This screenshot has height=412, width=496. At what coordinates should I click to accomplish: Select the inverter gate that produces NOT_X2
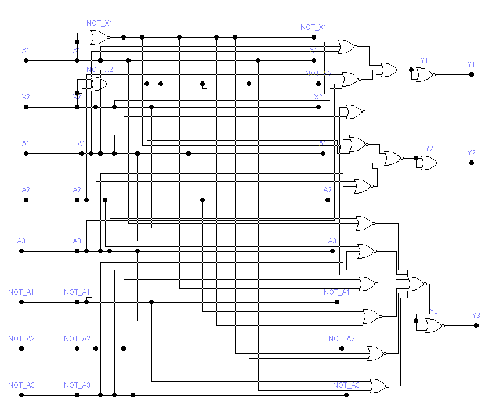pyautogui.click(x=99, y=84)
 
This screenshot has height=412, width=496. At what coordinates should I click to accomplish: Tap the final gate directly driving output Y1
pyautogui.click(x=424, y=74)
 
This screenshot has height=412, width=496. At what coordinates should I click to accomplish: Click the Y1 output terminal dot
pyautogui.click(x=472, y=74)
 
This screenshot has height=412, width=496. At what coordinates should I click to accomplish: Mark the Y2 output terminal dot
pyautogui.click(x=472, y=163)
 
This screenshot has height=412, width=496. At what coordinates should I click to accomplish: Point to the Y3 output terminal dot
pyautogui.click(x=476, y=325)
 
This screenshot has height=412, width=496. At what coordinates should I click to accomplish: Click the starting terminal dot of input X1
pyautogui.click(x=26, y=60)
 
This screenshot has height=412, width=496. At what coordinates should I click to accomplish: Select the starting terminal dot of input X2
pyautogui.click(x=26, y=107)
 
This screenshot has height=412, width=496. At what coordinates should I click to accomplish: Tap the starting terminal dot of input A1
pyautogui.click(x=26, y=153)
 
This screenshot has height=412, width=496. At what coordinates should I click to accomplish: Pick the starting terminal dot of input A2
pyautogui.click(x=26, y=200)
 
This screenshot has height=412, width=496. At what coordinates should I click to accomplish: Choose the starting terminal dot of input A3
pyautogui.click(x=21, y=251)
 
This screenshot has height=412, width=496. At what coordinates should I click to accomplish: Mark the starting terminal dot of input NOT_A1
pyautogui.click(x=21, y=302)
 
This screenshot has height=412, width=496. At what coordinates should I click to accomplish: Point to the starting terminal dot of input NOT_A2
pyautogui.click(x=21, y=349)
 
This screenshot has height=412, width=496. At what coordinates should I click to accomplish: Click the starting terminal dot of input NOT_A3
pyautogui.click(x=21, y=395)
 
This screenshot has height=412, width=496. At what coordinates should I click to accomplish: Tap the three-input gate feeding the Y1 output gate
pyautogui.click(x=389, y=70)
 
